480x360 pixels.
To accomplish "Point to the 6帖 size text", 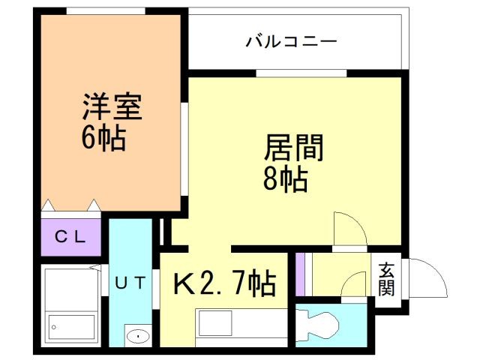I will [103, 139].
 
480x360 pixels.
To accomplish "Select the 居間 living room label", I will [293, 149].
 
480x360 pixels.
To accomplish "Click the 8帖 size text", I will [286, 180].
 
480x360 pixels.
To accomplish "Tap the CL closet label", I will [71, 237].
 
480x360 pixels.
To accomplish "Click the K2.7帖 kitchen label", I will [225, 284].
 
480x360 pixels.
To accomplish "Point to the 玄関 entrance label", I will [386, 278].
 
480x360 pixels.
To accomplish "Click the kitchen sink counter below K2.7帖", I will [240, 325].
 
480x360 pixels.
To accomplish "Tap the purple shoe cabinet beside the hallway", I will [301, 274].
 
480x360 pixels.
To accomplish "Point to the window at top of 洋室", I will [105, 10].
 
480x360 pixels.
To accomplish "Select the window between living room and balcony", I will [301, 73].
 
